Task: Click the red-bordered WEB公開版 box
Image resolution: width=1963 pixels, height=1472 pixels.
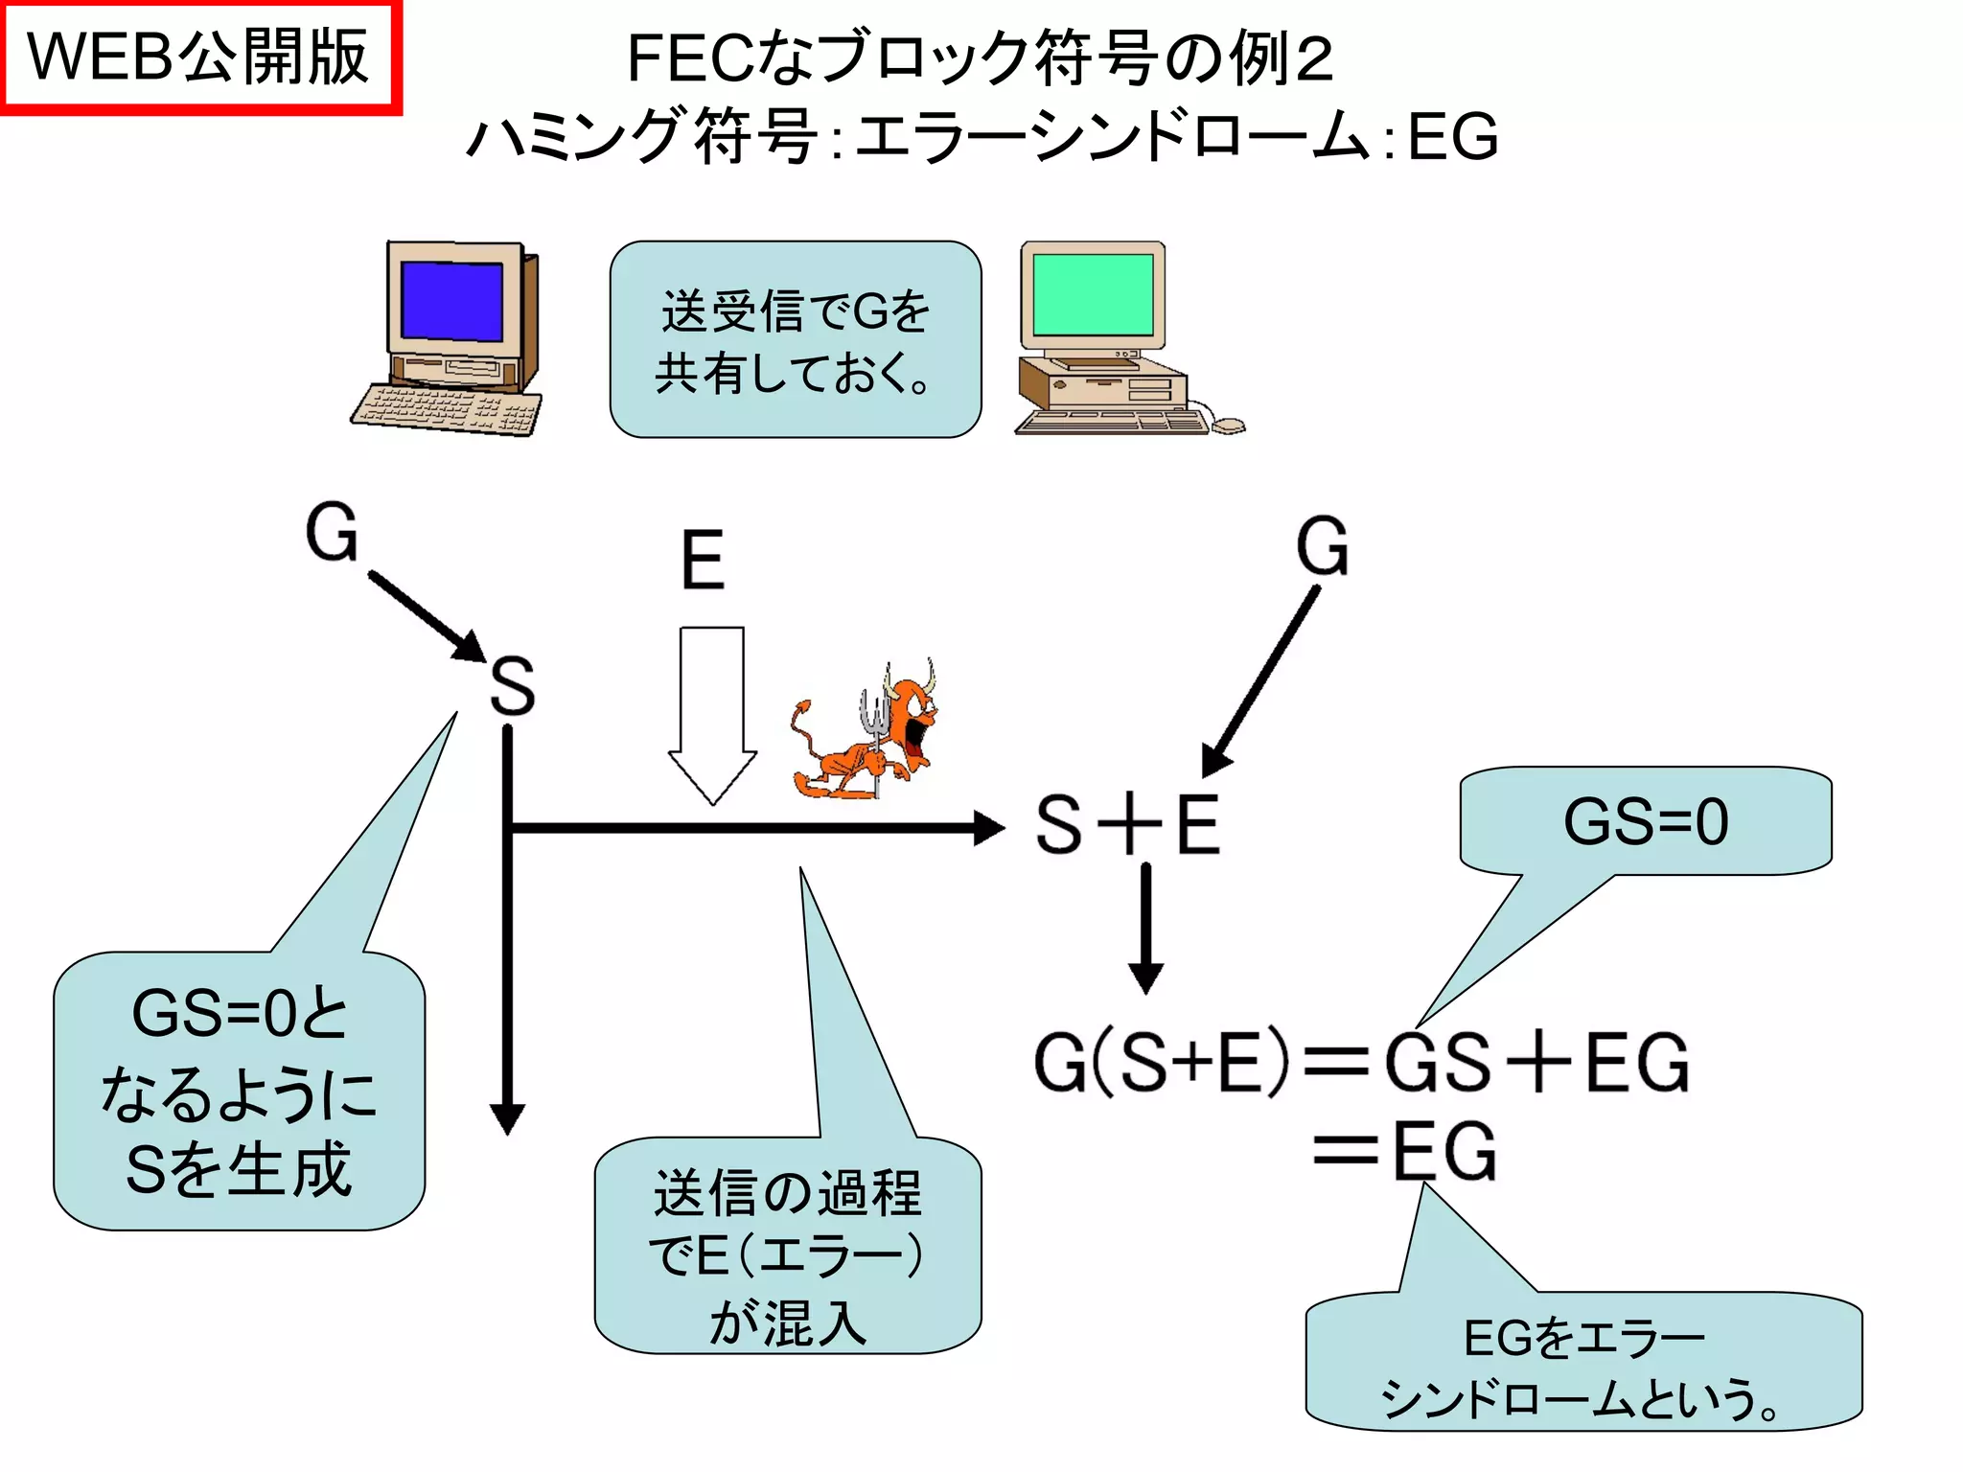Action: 198,57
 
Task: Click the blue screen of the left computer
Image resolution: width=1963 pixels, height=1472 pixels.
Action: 451,299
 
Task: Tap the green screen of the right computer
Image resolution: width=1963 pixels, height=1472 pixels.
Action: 1093,293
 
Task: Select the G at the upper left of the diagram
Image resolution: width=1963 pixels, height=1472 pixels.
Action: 332,533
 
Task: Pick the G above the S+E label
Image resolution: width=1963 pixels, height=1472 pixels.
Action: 1322,546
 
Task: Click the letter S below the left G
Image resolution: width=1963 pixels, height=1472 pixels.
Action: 512,686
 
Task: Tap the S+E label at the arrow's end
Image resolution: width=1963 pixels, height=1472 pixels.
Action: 1128,825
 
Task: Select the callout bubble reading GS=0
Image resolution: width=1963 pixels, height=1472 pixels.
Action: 1645,821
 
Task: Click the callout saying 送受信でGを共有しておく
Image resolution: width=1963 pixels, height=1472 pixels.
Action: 795,340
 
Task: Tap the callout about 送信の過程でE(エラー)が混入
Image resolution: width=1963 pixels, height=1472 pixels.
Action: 787,1246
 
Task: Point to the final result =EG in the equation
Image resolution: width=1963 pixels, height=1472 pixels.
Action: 1405,1151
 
